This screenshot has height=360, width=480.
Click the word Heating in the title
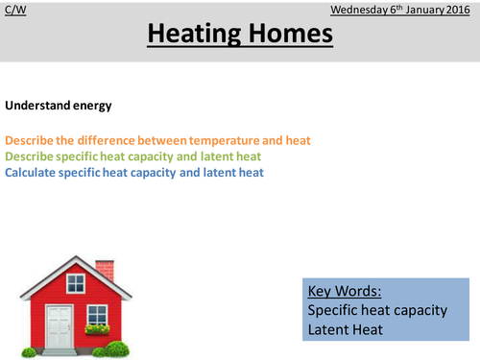(194, 36)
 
